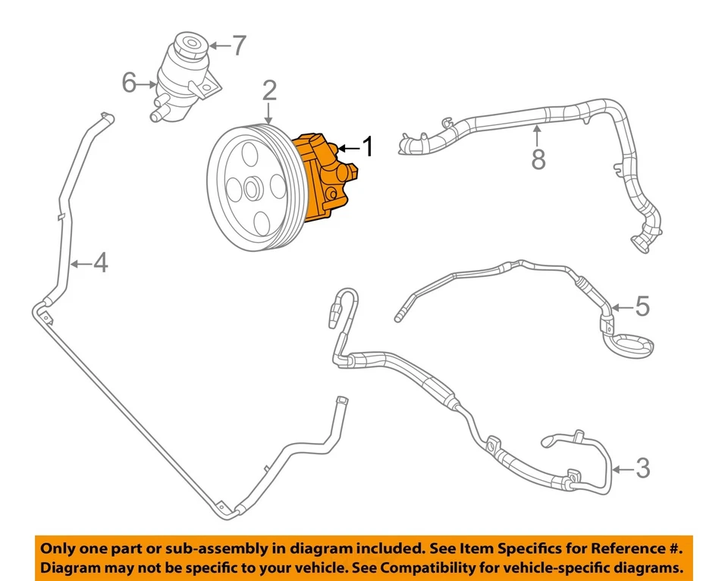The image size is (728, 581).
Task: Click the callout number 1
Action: coord(368,147)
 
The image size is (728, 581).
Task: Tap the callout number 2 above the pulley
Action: coord(269,92)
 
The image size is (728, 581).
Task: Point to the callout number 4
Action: coord(100,263)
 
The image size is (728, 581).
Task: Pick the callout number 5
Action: coord(642,307)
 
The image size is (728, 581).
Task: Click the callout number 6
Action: coord(130,82)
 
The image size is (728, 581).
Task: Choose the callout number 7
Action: coord(239,46)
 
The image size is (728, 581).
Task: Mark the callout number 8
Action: coord(538,160)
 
